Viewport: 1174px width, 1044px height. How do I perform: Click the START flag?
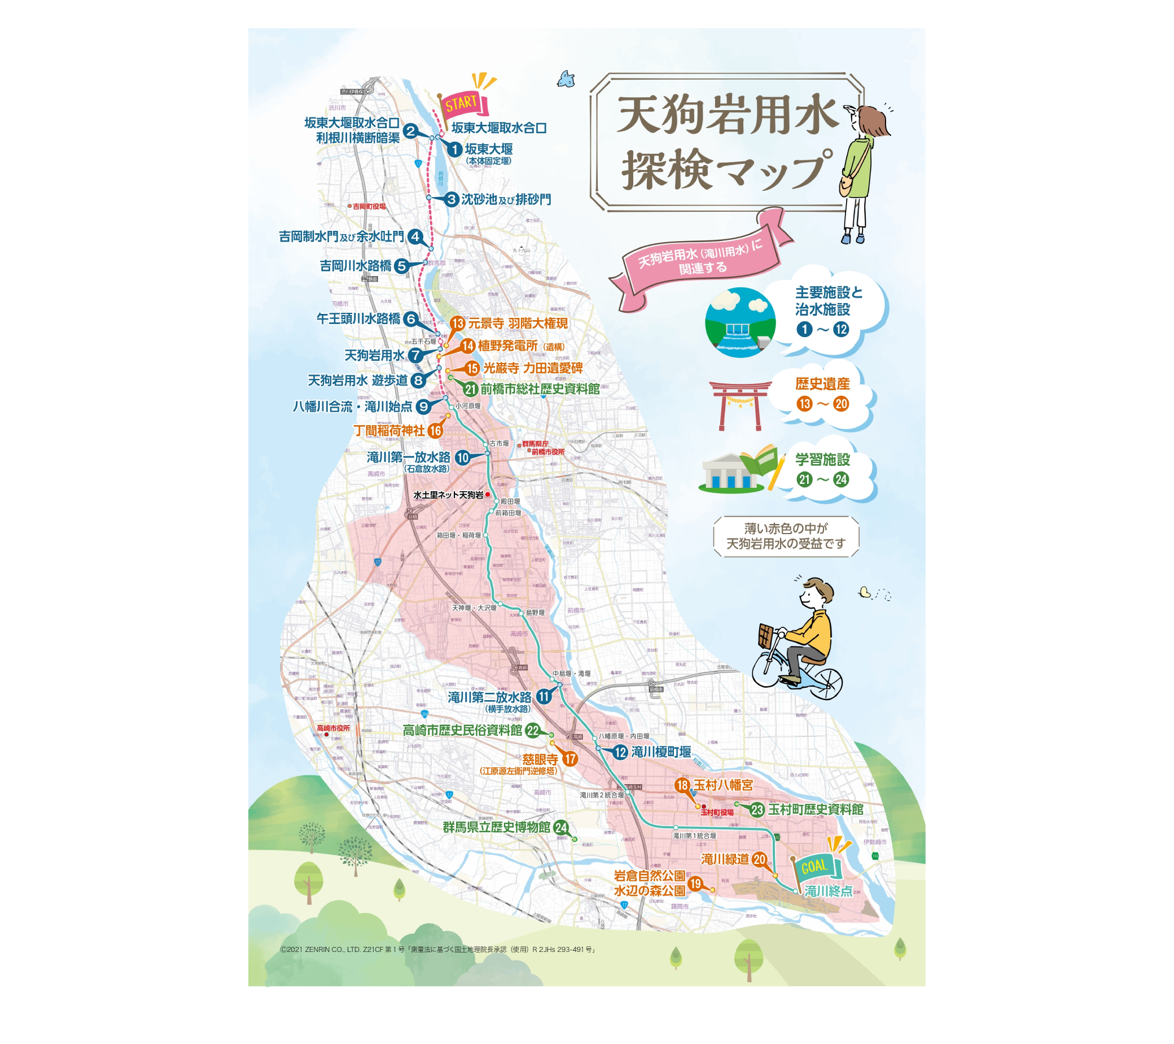[463, 104]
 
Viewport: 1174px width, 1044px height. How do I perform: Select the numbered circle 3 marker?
[452, 199]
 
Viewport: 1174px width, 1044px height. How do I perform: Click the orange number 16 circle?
[435, 430]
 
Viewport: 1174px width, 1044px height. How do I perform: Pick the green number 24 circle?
[561, 828]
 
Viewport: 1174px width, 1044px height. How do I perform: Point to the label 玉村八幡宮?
[723, 785]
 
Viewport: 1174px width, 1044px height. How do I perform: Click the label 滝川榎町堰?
[661, 752]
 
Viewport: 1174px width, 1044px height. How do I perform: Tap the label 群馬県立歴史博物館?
[496, 827]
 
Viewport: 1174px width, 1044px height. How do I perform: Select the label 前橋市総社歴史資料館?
[540, 389]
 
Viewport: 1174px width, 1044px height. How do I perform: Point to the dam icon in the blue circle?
[741, 323]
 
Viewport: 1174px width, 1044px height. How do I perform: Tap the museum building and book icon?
[741, 470]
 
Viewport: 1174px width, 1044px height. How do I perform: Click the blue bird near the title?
[566, 78]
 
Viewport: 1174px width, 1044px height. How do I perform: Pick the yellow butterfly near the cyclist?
[865, 592]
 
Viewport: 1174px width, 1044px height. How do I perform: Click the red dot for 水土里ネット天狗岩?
[488, 495]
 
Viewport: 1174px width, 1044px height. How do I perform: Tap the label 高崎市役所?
[333, 728]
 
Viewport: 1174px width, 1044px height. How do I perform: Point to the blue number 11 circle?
[544, 697]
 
